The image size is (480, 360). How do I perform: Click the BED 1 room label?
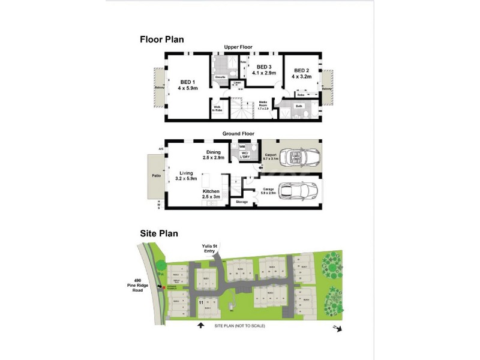coord(187,82)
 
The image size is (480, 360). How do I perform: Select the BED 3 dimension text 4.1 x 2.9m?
coord(263,73)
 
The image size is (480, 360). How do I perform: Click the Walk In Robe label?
coord(217,109)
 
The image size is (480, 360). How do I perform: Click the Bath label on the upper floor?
coord(299,106)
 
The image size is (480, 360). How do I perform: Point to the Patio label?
coord(156,176)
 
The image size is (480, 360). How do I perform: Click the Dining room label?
coord(214,152)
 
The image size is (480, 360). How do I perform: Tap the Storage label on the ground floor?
coord(241,202)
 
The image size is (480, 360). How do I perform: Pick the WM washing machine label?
coord(242,146)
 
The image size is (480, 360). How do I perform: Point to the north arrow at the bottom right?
coord(338,328)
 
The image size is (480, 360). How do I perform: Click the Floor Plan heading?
coord(161,40)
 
